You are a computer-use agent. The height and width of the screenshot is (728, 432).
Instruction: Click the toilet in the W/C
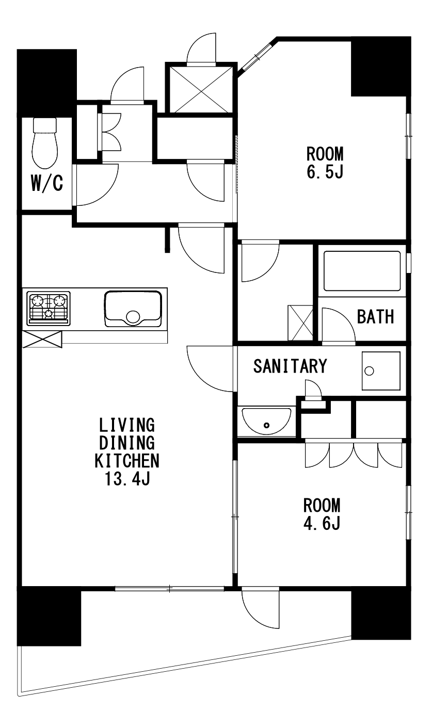(x=45, y=143)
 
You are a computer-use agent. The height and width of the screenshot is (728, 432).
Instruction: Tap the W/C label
(x=47, y=183)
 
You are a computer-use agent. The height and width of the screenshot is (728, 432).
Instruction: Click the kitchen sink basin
(x=133, y=309)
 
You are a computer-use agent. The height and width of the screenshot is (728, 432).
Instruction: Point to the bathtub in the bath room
(x=362, y=271)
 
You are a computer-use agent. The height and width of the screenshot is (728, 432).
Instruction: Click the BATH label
(x=375, y=317)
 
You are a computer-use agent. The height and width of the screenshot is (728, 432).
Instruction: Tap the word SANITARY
(x=290, y=366)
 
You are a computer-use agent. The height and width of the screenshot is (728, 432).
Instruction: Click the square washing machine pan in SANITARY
(x=381, y=371)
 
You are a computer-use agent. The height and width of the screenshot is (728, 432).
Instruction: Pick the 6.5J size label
(x=325, y=172)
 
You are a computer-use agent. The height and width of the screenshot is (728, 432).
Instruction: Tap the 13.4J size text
(x=127, y=478)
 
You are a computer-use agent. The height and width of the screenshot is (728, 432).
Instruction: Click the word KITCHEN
(x=127, y=460)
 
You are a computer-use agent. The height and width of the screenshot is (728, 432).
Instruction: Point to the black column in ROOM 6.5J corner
(x=381, y=67)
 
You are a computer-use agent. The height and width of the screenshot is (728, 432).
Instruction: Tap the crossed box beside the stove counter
(x=42, y=339)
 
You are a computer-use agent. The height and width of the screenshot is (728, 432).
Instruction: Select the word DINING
(x=127, y=443)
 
